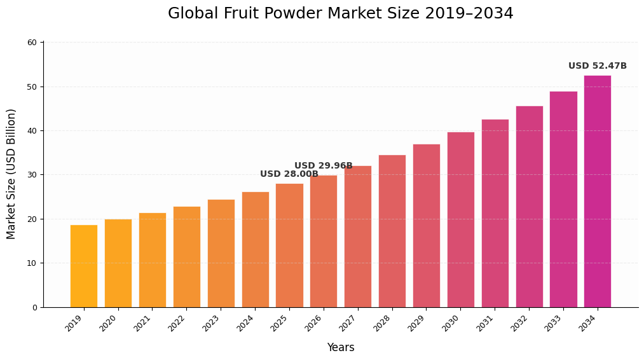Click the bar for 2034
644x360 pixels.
(598, 191)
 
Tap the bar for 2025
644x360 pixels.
(289, 246)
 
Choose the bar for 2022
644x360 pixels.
(186, 257)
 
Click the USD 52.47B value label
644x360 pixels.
(597, 66)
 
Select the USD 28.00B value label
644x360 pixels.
(289, 174)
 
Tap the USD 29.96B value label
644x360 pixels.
(323, 166)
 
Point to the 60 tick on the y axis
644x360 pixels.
(32, 43)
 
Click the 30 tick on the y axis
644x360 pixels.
(32, 175)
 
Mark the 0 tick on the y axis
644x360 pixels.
(34, 307)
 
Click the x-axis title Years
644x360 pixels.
(341, 348)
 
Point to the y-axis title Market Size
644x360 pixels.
(11, 174)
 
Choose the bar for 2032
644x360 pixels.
(529, 207)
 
